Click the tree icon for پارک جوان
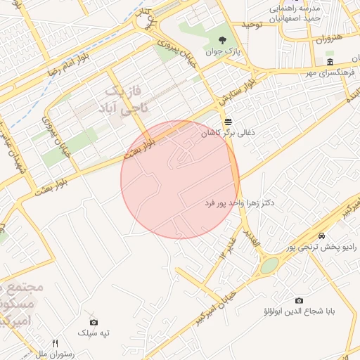click(223, 40)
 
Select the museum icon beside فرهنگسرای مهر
click(330, 63)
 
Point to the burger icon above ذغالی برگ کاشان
click(226, 121)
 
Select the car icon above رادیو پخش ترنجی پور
click(321, 236)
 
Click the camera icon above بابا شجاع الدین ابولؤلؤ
click(299, 300)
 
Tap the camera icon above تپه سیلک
click(94, 321)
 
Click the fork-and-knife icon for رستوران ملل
click(55, 344)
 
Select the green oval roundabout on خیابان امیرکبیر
click(269, 265)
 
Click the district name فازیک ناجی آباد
click(126, 100)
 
